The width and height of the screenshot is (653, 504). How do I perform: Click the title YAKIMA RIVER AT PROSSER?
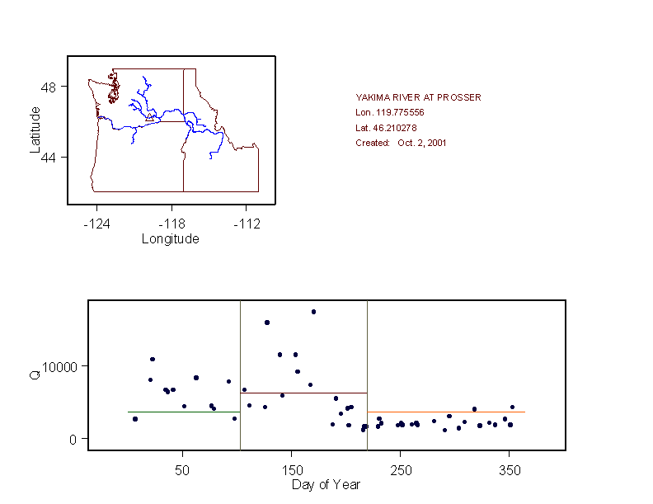click(x=418, y=97)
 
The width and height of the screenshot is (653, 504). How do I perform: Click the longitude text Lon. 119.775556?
click(x=389, y=112)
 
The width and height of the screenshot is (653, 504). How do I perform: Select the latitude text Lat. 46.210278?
click(x=386, y=128)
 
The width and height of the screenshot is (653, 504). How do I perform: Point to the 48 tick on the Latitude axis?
click(x=48, y=87)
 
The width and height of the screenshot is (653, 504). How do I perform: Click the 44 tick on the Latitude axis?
click(x=48, y=158)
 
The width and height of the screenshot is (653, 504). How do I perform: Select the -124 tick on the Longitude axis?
click(x=96, y=224)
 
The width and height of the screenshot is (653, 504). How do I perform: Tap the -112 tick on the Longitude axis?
click(x=247, y=224)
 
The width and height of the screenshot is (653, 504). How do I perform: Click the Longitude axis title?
click(x=171, y=239)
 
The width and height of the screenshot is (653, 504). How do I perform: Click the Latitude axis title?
click(x=35, y=129)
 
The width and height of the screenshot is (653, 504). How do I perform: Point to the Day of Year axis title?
click(x=326, y=484)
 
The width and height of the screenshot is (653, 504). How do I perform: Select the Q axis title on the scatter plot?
click(x=35, y=375)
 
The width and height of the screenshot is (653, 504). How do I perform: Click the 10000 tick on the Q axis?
click(x=60, y=366)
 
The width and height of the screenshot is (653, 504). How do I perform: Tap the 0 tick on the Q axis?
click(x=73, y=439)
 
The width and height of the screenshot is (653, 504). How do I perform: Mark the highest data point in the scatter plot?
click(x=313, y=312)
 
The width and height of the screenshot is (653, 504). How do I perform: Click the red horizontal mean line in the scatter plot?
click(x=303, y=393)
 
